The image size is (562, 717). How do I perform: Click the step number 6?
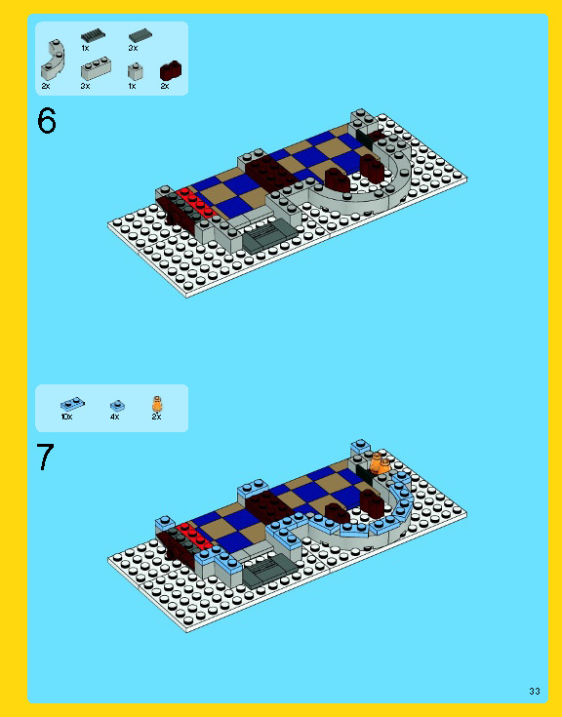pyautogui.click(x=47, y=121)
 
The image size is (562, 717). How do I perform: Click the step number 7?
pyautogui.click(x=46, y=458)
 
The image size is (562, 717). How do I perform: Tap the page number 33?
pyautogui.click(x=534, y=691)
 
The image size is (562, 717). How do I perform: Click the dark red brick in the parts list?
pyautogui.click(x=171, y=70)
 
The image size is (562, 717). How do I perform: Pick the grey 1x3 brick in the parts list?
pyautogui.click(x=96, y=68)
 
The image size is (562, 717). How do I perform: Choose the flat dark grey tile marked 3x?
pyautogui.click(x=140, y=35)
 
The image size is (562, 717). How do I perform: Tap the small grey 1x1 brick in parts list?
pyautogui.click(x=135, y=70)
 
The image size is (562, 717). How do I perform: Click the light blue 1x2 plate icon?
pyautogui.click(x=71, y=403)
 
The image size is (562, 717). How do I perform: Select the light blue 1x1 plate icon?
pyautogui.click(x=117, y=404)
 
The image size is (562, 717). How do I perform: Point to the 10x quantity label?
pyautogui.click(x=66, y=417)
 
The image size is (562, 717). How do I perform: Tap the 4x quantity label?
pyautogui.click(x=114, y=417)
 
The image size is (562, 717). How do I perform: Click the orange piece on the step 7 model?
pyautogui.click(x=380, y=462)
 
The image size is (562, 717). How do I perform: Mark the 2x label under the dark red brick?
pyautogui.click(x=165, y=86)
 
